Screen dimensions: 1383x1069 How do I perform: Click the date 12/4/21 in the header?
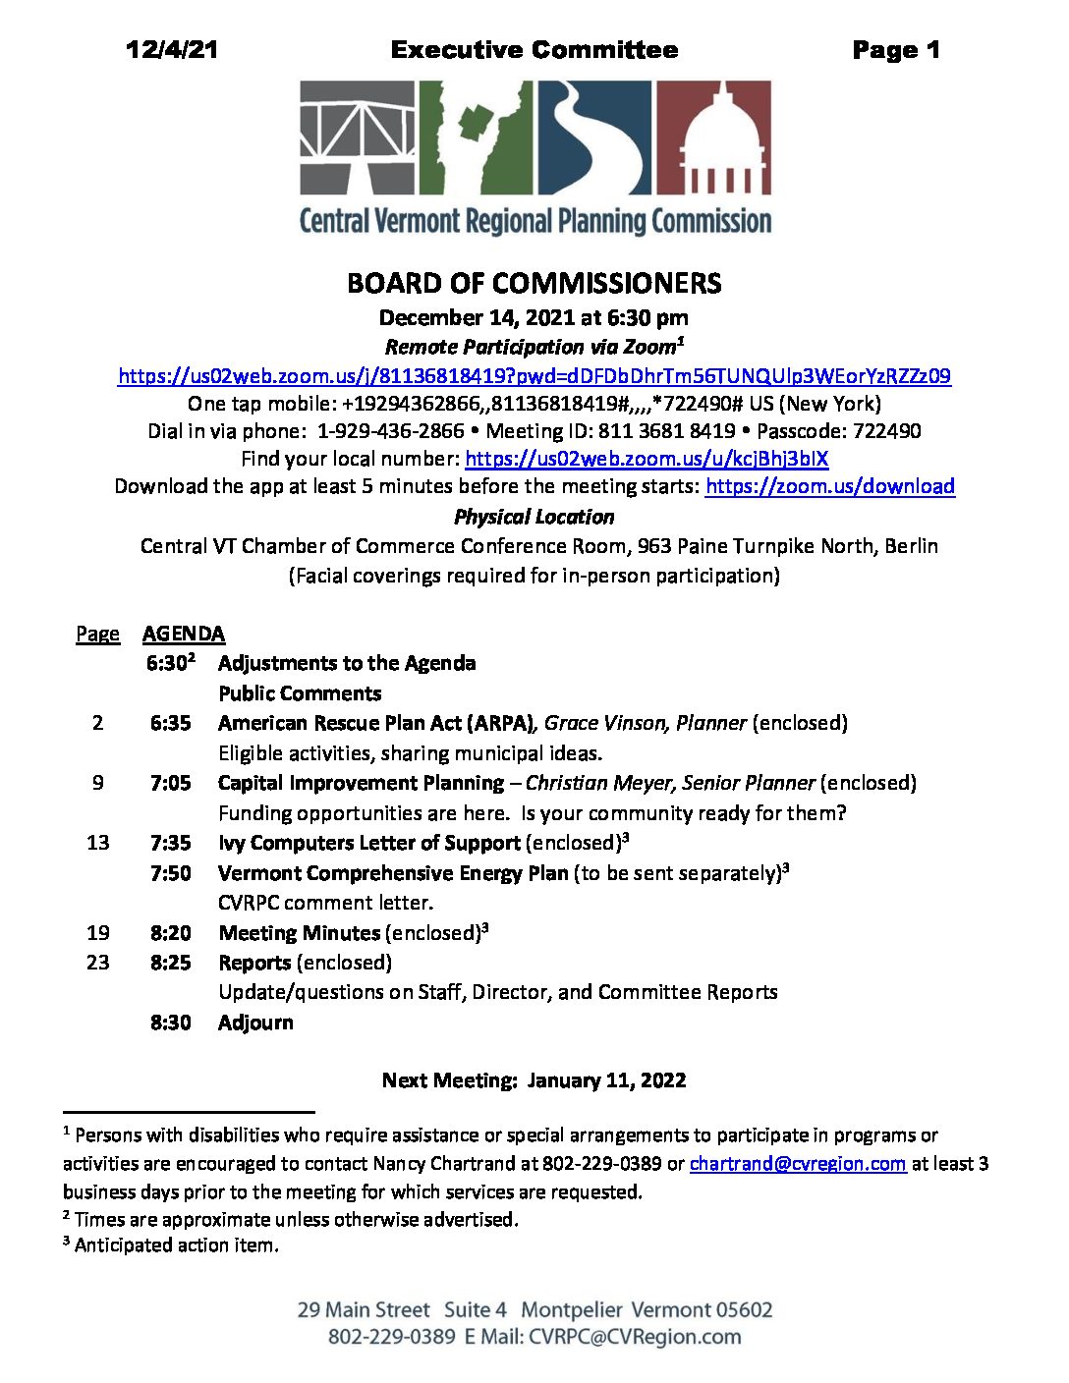click(171, 50)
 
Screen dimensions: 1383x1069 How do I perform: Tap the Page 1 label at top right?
click(895, 50)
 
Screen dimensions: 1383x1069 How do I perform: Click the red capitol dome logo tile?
click(712, 138)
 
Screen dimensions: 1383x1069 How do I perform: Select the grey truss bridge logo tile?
click(357, 138)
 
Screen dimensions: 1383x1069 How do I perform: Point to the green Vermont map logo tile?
click(476, 138)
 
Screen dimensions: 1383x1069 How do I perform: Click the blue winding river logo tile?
click(594, 138)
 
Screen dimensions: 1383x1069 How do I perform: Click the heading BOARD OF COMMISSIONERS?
click(534, 284)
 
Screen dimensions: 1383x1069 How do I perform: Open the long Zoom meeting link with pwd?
click(534, 376)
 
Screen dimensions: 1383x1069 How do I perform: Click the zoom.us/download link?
click(829, 486)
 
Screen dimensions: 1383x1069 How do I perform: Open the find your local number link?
click(647, 459)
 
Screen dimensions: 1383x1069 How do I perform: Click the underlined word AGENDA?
click(184, 634)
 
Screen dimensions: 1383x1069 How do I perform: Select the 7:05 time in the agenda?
click(170, 783)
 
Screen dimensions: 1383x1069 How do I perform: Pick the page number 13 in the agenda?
click(97, 843)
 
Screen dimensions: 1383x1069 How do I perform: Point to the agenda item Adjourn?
click(255, 1023)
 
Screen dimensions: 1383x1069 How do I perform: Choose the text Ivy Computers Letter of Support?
click(368, 843)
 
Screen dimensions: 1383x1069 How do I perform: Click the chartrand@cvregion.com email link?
click(797, 1164)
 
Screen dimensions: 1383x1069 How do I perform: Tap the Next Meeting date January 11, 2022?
click(606, 1080)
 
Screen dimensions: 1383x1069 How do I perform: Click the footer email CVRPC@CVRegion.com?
click(635, 1337)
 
